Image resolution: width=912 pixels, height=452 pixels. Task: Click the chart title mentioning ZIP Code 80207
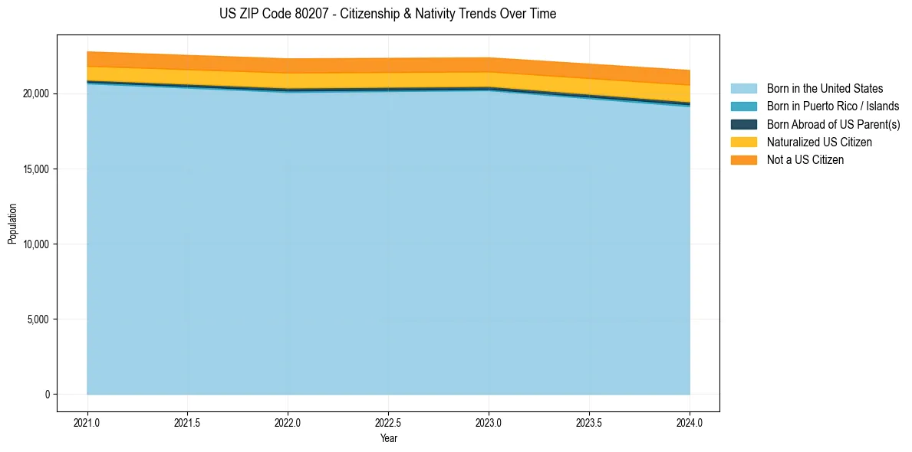[x=387, y=14]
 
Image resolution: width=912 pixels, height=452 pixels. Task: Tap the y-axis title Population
[x=12, y=223]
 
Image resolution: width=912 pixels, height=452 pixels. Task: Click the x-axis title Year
[x=388, y=438]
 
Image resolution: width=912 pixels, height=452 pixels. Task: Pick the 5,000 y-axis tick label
[x=37, y=319]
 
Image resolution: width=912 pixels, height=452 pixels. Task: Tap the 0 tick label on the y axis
[x=47, y=395]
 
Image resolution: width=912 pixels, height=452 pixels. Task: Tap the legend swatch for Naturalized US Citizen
[x=743, y=142]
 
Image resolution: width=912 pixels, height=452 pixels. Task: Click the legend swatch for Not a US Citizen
[x=743, y=159]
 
